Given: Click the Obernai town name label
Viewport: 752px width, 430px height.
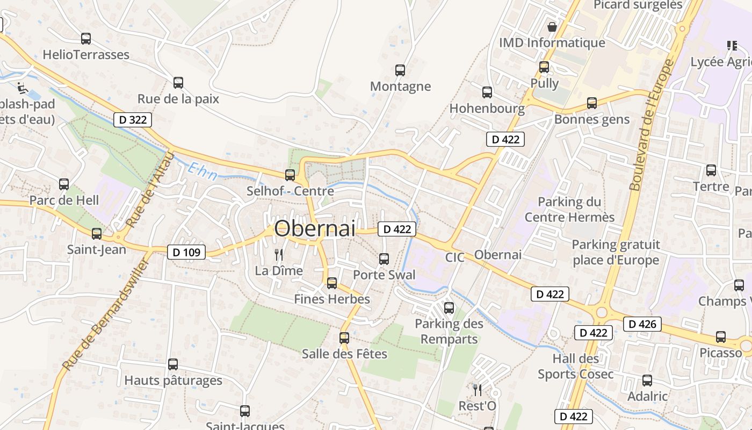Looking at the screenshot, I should (x=315, y=228).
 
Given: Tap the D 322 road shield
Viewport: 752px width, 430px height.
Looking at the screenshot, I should (x=133, y=120).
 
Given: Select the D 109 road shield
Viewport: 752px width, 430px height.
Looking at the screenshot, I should (x=186, y=252).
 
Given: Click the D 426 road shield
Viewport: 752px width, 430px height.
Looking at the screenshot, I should (x=642, y=324).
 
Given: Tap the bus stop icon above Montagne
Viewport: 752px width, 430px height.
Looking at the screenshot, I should (x=400, y=70).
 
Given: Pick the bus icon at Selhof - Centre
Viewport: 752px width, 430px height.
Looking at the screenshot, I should (x=290, y=175).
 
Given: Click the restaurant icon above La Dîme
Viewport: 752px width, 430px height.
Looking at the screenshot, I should (x=279, y=254).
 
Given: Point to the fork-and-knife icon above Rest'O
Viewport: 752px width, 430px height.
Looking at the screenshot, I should (x=477, y=390).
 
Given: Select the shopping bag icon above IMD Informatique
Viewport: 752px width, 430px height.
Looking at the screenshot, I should (x=552, y=26).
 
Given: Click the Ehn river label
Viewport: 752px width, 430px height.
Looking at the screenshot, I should (x=203, y=172).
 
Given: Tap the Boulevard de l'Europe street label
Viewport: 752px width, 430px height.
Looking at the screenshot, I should (x=652, y=125).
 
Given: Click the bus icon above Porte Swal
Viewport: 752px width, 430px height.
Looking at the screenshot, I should (x=384, y=259).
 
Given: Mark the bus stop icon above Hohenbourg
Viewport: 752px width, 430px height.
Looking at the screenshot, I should (x=487, y=92).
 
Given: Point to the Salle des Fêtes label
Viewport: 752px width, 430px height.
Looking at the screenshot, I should (x=344, y=354).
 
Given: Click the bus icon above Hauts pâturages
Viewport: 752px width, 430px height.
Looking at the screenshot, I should (x=173, y=364).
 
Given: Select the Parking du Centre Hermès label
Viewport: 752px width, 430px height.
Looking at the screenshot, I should (x=569, y=210).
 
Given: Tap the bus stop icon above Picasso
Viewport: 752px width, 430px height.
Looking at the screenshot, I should (x=721, y=337).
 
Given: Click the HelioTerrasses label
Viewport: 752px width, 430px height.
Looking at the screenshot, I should (x=86, y=54).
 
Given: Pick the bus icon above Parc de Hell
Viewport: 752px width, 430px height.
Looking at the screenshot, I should (x=64, y=184).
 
